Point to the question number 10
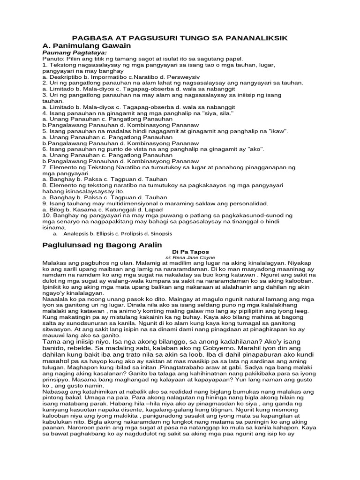[x=46, y=215]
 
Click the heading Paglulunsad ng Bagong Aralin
[x=102, y=245]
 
